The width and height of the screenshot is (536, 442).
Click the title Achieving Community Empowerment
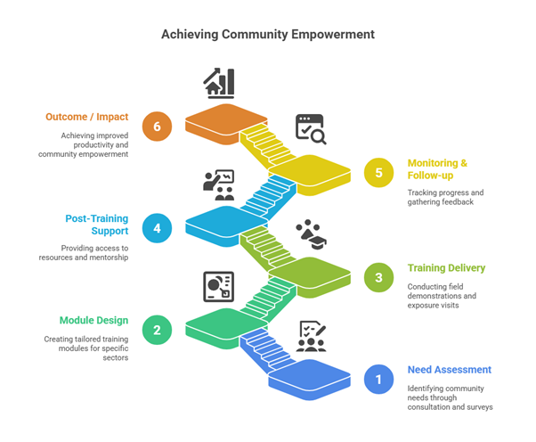pos(268,35)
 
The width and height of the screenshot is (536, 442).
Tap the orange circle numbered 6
pos(157,127)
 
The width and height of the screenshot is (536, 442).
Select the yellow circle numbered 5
pos(378,172)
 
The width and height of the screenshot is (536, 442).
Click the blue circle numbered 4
pos(157,228)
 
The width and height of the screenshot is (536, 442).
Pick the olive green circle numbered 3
pos(378,277)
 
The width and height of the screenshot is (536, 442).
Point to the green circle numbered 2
pos(157,330)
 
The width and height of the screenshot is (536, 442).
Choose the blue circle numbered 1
pos(378,379)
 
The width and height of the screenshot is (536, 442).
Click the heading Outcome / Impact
pos(87,117)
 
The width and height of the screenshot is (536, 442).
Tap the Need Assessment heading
pos(449,370)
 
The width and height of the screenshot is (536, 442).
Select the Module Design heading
pos(94,320)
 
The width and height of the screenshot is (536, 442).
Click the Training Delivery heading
pos(446,268)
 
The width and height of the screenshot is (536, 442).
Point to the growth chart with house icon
pos(219,83)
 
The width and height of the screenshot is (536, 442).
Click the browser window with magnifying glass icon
pos(311,129)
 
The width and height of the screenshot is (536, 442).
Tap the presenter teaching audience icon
pos(219,184)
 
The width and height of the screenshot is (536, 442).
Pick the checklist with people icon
pos(311,336)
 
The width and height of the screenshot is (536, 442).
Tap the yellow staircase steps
pos(265,145)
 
